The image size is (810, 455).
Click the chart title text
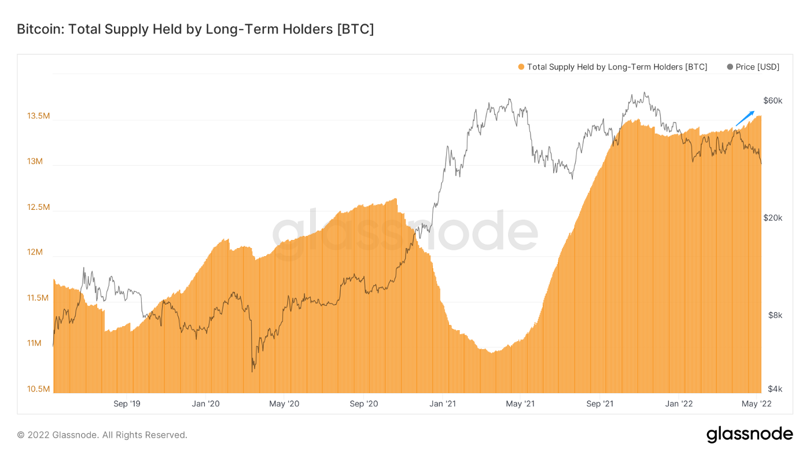(x=195, y=29)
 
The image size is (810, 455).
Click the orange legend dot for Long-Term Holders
(x=521, y=67)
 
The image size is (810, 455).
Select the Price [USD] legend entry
(x=753, y=67)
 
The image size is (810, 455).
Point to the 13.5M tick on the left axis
(x=38, y=116)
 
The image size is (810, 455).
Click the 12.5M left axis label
(x=38, y=207)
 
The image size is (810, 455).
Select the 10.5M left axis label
(x=38, y=389)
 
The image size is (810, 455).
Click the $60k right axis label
(x=773, y=101)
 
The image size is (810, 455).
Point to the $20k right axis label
(x=773, y=218)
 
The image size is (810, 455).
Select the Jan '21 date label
(x=444, y=404)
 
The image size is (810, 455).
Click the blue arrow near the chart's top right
(x=745, y=119)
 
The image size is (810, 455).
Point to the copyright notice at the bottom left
(x=102, y=435)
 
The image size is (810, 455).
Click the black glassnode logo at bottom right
(x=749, y=434)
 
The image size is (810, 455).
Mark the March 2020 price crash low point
(x=253, y=371)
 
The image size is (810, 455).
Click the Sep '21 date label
(x=601, y=404)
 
